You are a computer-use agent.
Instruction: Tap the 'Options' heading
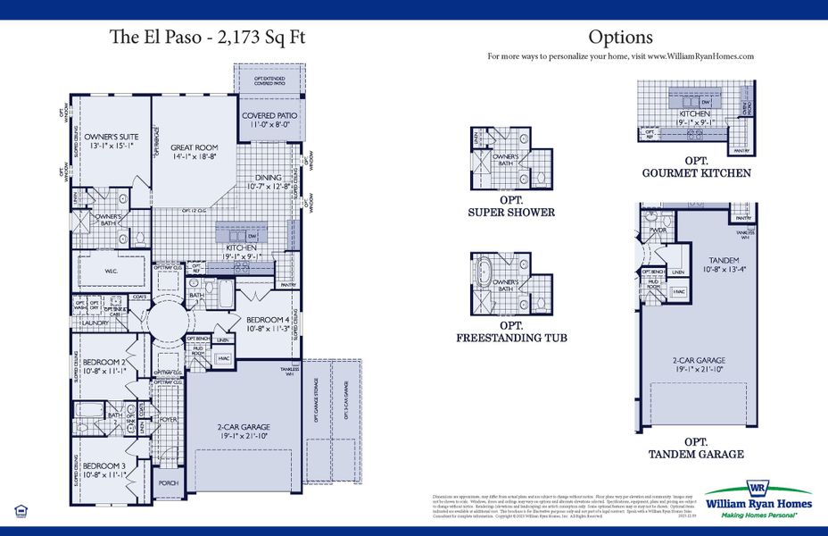[620, 38]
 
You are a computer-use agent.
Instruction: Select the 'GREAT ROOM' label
[195, 148]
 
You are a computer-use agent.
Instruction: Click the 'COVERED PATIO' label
[269, 116]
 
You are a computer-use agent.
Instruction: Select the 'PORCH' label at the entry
[169, 482]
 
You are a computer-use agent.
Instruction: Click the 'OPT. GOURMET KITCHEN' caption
[696, 167]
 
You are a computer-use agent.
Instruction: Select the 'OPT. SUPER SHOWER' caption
[511, 206]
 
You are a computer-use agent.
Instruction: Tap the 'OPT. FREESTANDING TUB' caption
[511, 331]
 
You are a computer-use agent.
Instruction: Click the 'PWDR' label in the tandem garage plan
[658, 229]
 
